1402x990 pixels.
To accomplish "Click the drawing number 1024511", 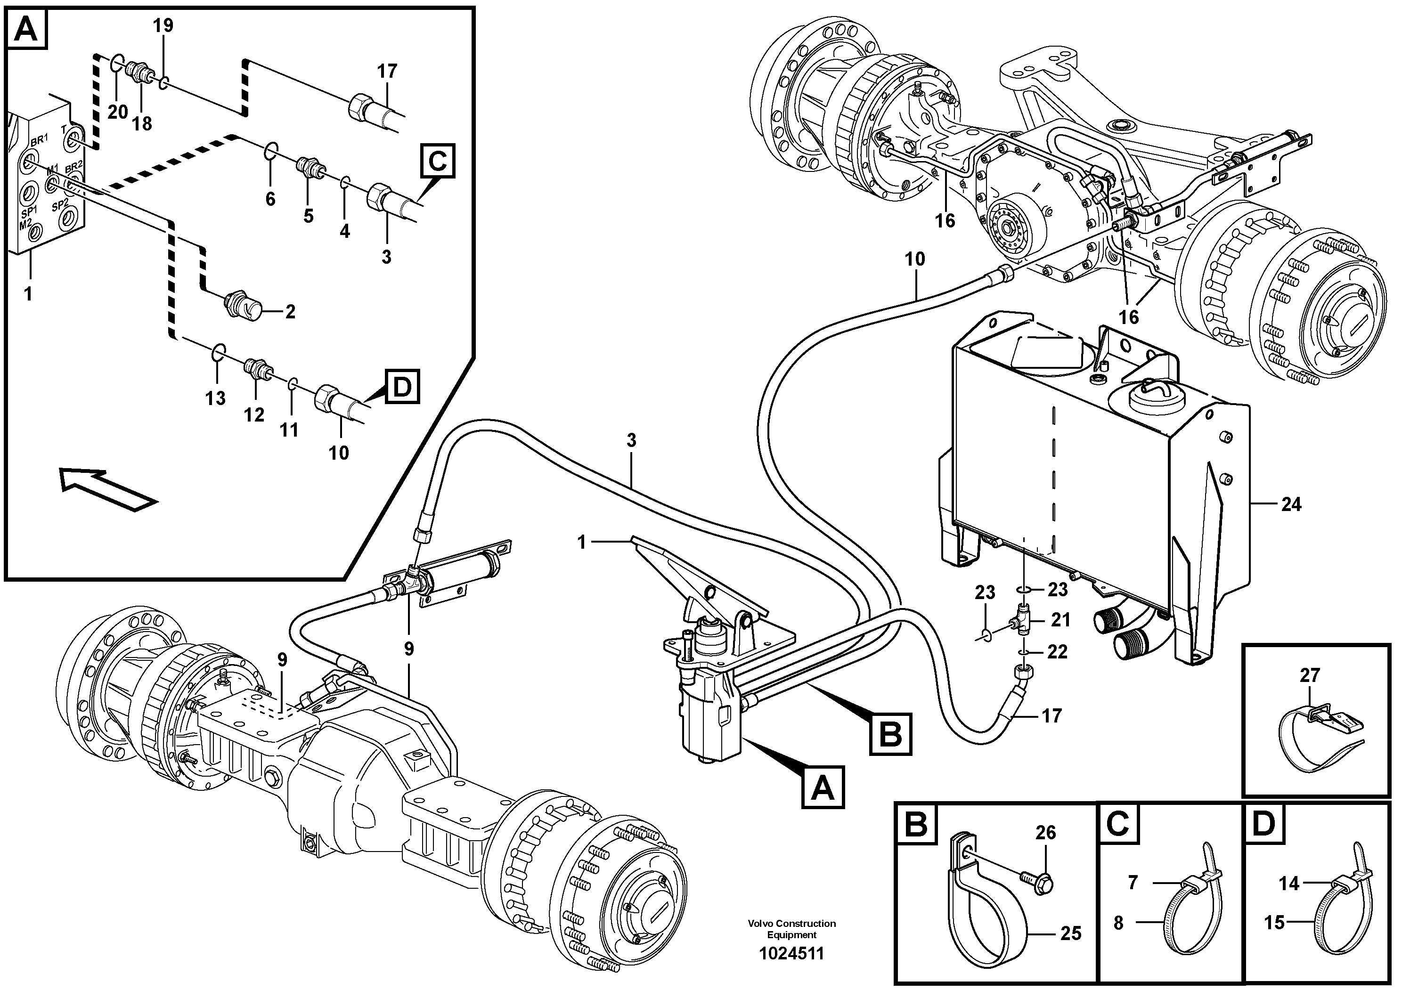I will tap(791, 953).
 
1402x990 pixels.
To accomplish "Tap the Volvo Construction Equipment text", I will tap(791, 929).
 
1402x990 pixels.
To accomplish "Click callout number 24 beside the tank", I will tap(1291, 505).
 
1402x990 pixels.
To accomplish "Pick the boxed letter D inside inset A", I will tap(402, 386).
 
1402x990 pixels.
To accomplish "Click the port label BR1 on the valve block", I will tap(39, 140).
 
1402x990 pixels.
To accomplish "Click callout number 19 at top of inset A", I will tap(163, 25).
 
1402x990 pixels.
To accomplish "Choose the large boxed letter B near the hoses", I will tap(890, 734).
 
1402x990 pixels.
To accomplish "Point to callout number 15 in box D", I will tap(1274, 922).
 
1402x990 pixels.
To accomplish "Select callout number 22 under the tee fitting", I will tap(1057, 652).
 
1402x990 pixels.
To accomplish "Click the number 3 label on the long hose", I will tap(631, 440).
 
